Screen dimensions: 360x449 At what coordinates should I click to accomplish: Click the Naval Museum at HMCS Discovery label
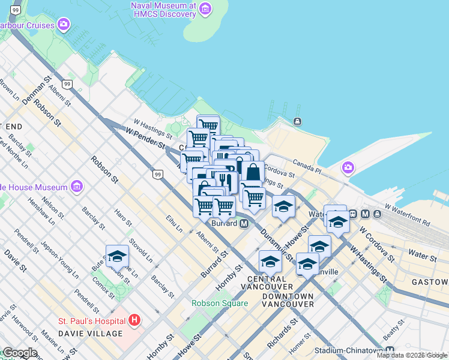point(163,10)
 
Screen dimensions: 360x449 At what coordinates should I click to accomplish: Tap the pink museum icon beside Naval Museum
point(206,8)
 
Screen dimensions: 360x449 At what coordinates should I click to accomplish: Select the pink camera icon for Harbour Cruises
point(64,25)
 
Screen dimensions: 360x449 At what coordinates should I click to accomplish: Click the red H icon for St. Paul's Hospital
point(134,320)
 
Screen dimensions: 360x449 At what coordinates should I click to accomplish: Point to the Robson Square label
point(220,303)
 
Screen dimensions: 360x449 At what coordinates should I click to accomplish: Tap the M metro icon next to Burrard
point(244,223)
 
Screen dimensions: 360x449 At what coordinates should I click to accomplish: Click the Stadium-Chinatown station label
point(354,350)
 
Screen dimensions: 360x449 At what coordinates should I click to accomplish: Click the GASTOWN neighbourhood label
point(430,282)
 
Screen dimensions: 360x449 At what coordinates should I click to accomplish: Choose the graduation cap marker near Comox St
point(117,257)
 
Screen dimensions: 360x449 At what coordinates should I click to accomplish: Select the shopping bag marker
point(253,172)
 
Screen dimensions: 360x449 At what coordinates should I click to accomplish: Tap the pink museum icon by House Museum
point(76,187)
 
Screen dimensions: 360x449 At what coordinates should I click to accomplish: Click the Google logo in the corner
point(19,353)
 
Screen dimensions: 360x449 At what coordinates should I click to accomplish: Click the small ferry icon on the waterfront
point(297,122)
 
